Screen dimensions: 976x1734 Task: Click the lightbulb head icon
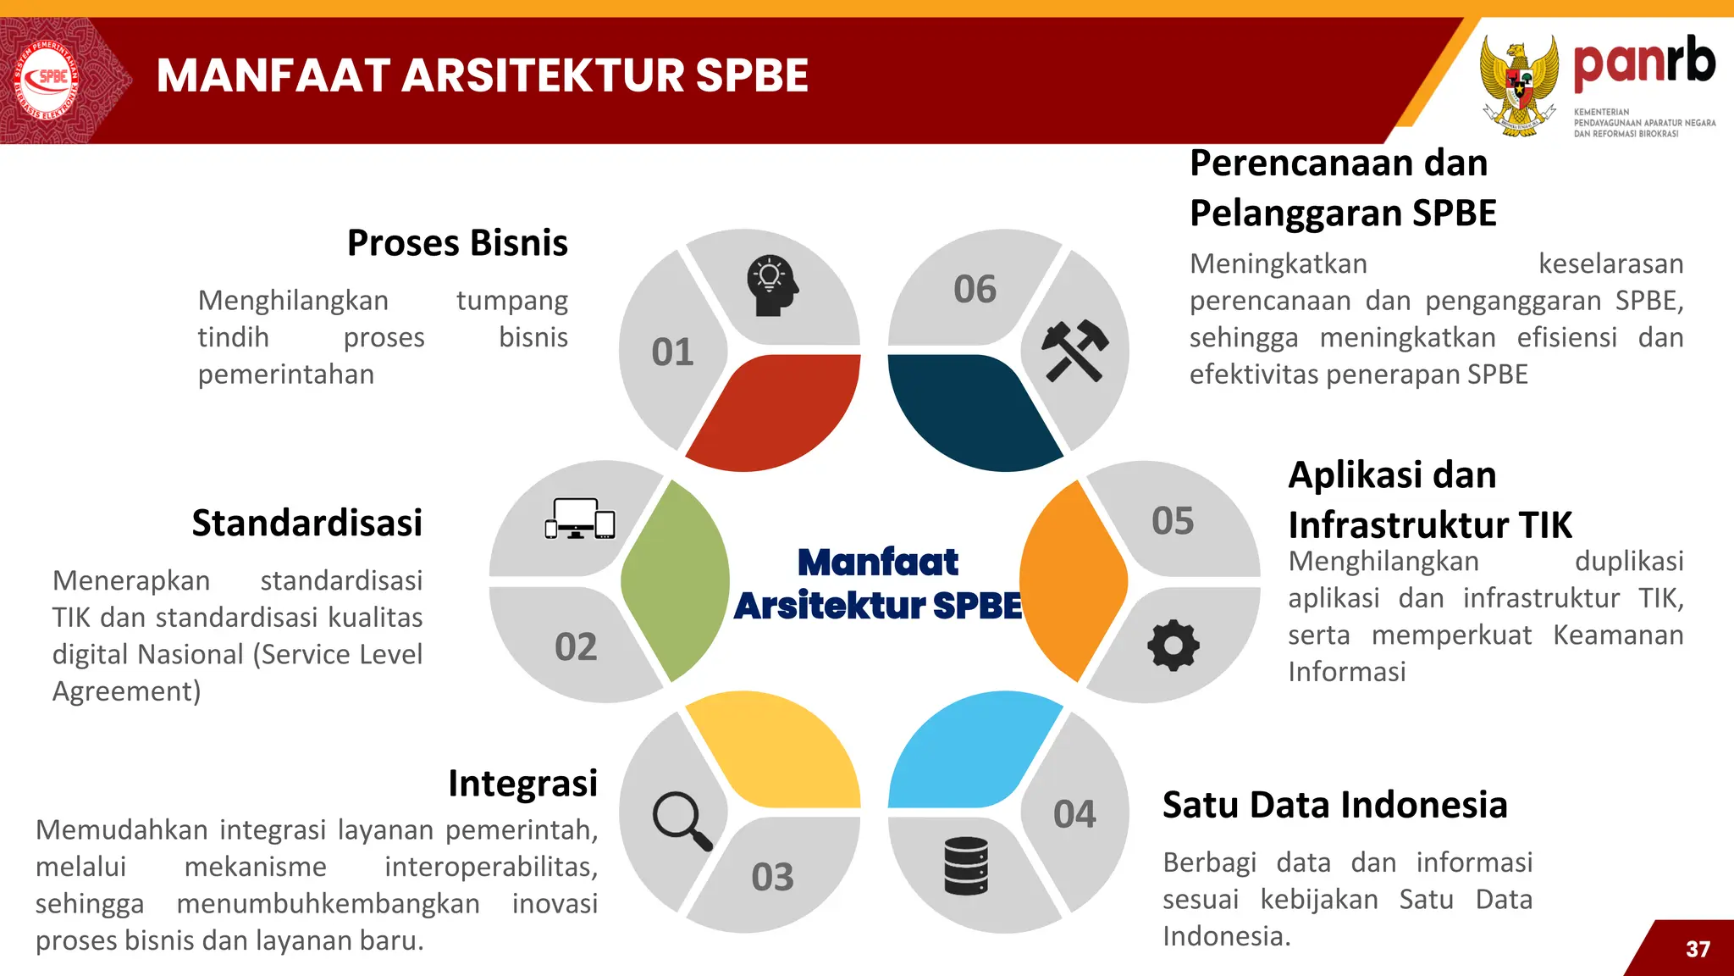pos(771,286)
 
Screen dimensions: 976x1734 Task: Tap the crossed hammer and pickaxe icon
pos(1074,350)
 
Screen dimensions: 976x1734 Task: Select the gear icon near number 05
pos(1173,646)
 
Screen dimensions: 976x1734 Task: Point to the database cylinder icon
pos(966,866)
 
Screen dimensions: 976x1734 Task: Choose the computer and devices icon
pos(580,518)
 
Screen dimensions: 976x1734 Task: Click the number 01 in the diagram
pos(672,352)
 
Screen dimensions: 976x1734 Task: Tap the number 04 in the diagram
pos(1074,814)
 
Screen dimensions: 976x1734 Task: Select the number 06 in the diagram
pos(975,290)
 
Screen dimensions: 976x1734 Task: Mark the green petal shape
pos(676,581)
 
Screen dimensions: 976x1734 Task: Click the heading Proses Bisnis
pos(457,243)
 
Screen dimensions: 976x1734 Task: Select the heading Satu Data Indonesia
pos(1334,805)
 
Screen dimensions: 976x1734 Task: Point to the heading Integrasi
pos(522,784)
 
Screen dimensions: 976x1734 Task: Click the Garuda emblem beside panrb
pos(1519,85)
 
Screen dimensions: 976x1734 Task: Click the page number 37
pos(1698,949)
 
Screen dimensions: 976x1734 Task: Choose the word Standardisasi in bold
pos(306,523)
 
